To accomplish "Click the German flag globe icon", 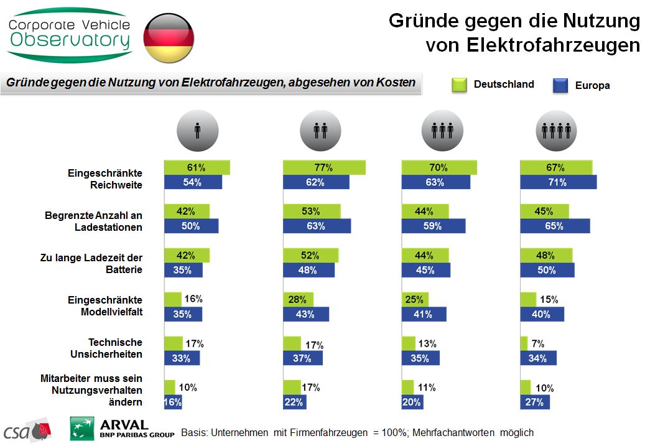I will [169, 37].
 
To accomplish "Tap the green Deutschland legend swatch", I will [459, 85].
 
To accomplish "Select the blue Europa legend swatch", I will [562, 85].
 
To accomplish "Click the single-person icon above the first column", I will [198, 130].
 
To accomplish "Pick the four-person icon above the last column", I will [556, 130].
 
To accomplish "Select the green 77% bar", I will [324, 167].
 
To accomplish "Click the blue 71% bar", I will [558, 182].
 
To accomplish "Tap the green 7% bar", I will [524, 343].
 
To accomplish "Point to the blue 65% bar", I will [555, 226].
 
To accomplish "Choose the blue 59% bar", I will [434, 226].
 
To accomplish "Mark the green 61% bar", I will [197, 167].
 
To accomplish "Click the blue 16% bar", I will [172, 402].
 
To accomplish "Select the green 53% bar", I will [312, 211].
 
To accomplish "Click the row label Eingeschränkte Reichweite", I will [105, 179].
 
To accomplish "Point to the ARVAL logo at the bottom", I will [122, 428].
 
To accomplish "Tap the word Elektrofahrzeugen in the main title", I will [532, 45].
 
